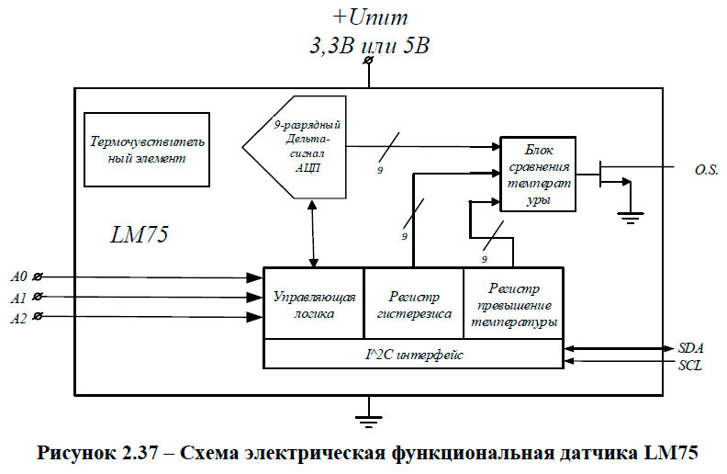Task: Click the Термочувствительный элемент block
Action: point(147,150)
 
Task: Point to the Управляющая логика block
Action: point(314,304)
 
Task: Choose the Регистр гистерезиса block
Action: point(414,304)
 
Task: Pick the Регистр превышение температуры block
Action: point(513,304)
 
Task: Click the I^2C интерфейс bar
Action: point(413,353)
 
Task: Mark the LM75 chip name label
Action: point(138,235)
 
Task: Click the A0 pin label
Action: point(18,276)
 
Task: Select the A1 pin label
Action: point(18,297)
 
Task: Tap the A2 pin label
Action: point(18,317)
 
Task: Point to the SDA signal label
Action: point(690,349)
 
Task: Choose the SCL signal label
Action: point(690,365)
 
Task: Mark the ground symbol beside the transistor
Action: point(629,216)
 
